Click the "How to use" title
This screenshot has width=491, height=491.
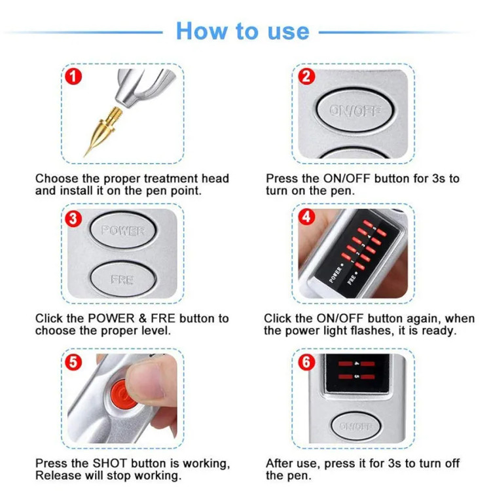(x=243, y=31)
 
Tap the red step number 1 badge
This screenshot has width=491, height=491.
(x=73, y=77)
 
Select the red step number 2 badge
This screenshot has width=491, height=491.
(x=306, y=77)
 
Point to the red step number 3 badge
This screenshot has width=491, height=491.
(x=73, y=219)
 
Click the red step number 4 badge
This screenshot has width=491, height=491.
(x=306, y=217)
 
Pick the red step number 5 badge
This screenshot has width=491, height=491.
(x=73, y=362)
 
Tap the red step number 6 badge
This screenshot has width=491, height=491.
(x=306, y=362)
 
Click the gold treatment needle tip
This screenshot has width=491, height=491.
(x=84, y=156)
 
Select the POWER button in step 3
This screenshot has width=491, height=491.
(x=123, y=230)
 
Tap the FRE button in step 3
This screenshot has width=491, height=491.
(x=123, y=280)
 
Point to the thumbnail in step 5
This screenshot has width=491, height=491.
(x=147, y=381)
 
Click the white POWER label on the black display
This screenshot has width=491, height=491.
(x=335, y=275)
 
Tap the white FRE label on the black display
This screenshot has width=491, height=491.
(x=352, y=279)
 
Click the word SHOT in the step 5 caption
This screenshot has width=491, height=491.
(x=109, y=463)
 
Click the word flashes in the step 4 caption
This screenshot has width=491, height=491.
(x=372, y=331)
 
